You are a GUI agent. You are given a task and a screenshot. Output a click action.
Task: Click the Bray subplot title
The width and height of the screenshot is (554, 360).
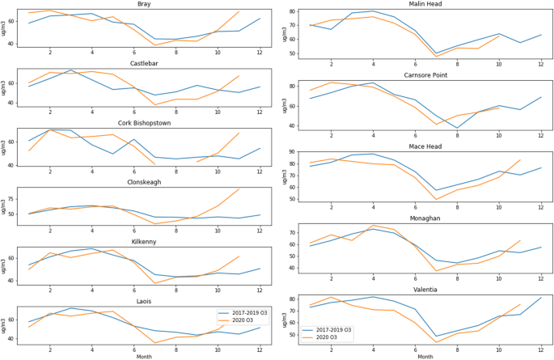click(x=144, y=4)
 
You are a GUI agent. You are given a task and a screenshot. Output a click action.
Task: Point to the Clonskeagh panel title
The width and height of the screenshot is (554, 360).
click(x=144, y=182)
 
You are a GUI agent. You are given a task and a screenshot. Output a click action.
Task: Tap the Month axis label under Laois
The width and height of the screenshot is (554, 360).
click(x=144, y=355)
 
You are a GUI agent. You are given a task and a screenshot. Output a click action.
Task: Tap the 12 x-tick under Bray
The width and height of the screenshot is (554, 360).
click(x=260, y=53)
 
